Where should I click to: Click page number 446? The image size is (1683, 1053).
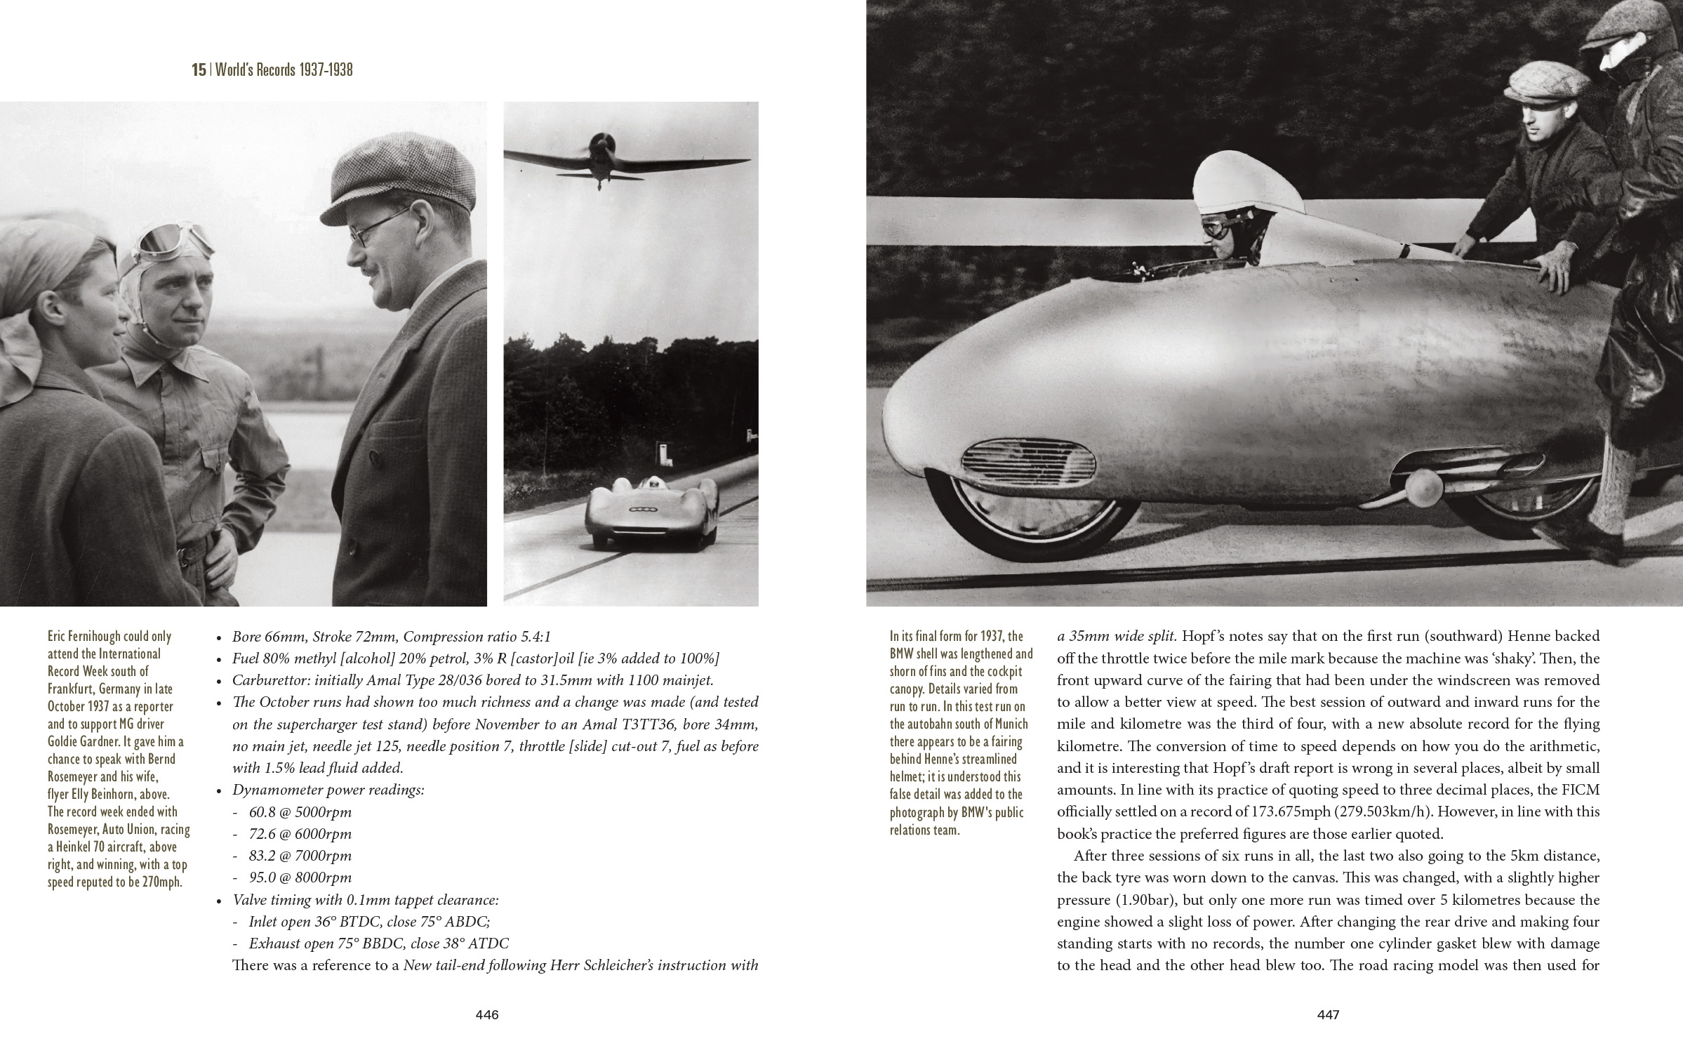point(486,1014)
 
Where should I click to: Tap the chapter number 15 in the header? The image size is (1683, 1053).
point(199,70)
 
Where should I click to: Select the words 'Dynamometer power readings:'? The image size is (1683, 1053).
point(328,790)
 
